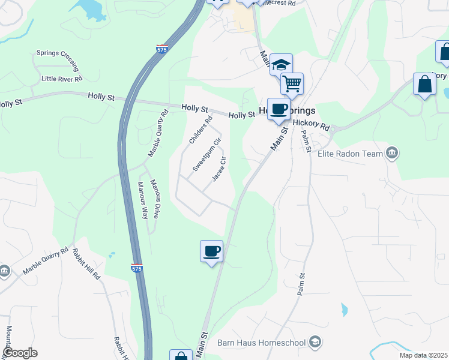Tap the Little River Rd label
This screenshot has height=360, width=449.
tap(62, 79)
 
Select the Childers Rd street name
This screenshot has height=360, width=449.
tap(201, 130)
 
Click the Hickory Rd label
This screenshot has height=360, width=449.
tap(312, 125)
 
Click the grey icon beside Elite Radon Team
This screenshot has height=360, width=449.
tap(393, 154)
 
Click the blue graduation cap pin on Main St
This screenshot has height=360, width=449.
tap(280, 64)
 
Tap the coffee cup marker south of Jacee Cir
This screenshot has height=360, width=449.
tap(211, 251)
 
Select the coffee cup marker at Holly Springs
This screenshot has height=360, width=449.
tap(279, 109)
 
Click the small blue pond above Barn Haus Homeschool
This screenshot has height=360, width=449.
tap(344, 310)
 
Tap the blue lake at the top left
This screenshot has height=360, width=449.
tap(88, 7)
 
